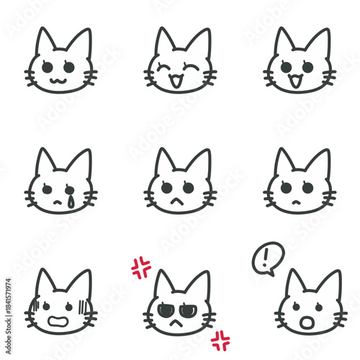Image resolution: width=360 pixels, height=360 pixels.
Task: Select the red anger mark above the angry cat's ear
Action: coord(141,268)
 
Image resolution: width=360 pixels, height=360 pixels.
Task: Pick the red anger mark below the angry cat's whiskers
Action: coord(220,340)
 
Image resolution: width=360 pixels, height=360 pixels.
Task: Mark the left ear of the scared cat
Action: coord(45,282)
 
